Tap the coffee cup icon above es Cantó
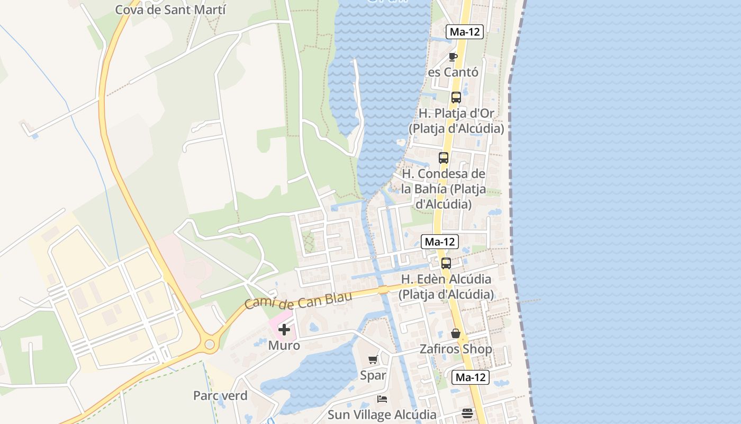click(453, 57)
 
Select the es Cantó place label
click(453, 72)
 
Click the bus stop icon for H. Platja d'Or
click(456, 98)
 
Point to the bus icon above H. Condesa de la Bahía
click(444, 158)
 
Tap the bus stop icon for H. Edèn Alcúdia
click(446, 263)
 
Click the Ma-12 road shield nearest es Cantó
click(465, 32)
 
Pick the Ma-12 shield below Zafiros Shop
click(471, 377)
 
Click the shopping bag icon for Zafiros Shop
click(456, 333)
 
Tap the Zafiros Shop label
click(456, 349)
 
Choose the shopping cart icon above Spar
click(373, 360)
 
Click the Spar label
click(373, 375)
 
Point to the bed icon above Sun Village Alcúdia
click(382, 399)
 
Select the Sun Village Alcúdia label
click(382, 414)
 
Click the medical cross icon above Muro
click(284, 330)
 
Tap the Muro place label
click(284, 346)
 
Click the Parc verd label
click(220, 395)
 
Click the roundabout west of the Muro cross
click(210, 344)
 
